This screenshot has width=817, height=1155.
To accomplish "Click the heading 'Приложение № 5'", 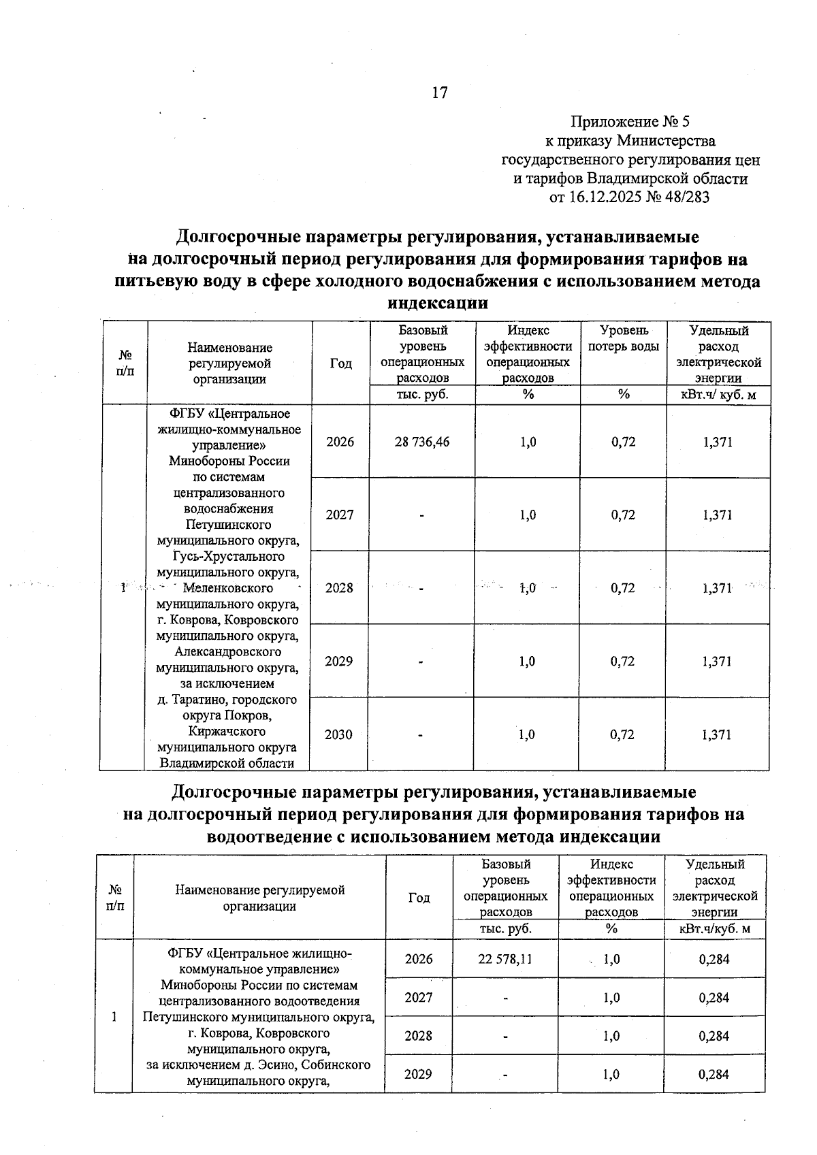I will pos(630,122).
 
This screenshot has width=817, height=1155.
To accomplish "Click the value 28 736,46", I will pos(422,442).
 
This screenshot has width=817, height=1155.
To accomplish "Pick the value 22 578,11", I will pos(504,959).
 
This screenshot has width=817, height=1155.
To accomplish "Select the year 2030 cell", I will pos(339,734).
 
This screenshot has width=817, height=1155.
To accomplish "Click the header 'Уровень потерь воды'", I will pos(623,338).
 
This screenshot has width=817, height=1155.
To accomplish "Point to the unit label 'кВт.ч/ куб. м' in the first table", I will pos(719,395).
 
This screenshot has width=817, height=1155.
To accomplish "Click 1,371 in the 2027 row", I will pos(718,515).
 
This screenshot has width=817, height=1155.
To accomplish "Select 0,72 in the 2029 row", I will pos(623,662).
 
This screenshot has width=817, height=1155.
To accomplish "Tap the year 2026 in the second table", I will pos(419,959).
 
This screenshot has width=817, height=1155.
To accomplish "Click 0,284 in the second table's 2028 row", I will pos(714,1036).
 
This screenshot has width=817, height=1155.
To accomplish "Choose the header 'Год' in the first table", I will pos(341,363).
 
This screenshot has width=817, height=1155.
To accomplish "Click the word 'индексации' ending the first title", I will pos(438,303).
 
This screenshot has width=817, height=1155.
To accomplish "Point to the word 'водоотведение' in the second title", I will pos(270,836).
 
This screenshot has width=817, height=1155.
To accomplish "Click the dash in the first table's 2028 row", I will pos(422,589).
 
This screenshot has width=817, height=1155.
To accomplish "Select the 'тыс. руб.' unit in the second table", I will pos(505,928).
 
